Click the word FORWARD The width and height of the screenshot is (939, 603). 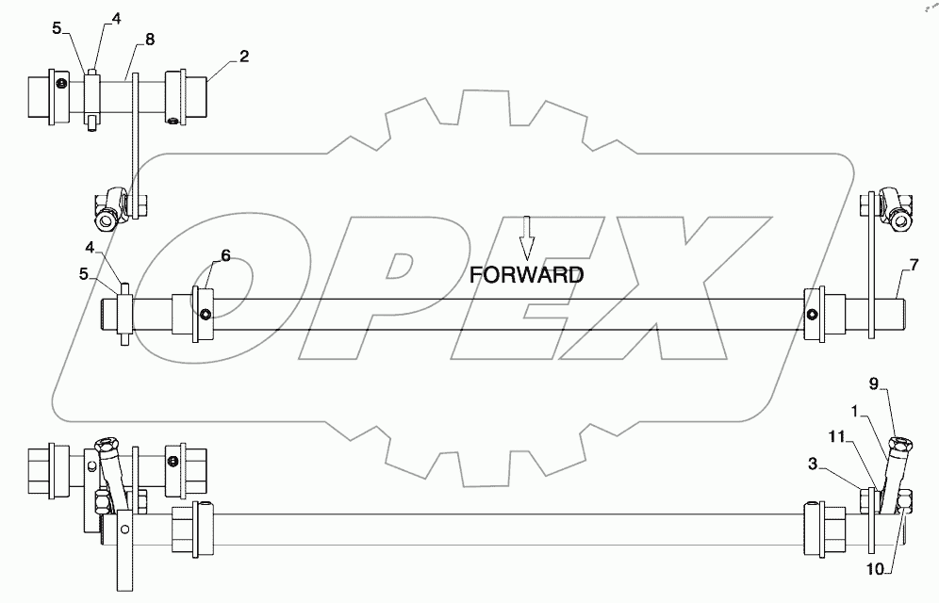528,275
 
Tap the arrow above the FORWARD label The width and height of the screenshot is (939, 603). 528,236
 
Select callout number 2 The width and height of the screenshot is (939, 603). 243,57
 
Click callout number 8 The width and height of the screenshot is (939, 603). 148,39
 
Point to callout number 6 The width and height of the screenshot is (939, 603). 225,255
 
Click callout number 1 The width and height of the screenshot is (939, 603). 855,413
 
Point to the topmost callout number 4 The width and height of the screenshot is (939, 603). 115,18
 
